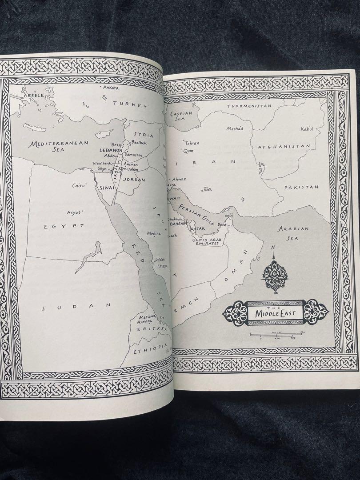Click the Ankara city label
(111, 88)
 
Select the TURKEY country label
(130, 105)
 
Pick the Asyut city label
(74, 212)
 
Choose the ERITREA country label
(151, 329)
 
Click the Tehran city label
(192, 144)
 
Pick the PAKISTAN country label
(301, 188)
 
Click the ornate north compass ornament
(275, 273)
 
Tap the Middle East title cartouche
(275, 312)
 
